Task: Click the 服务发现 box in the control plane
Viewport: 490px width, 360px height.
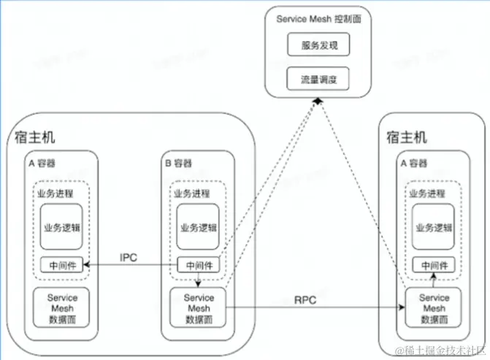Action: coord(318,45)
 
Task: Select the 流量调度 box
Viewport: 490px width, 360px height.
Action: coord(318,79)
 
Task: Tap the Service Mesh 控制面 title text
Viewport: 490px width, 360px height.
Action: coord(318,19)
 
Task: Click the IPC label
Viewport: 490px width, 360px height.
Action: coord(129,258)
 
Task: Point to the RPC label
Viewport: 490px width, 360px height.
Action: coord(305,300)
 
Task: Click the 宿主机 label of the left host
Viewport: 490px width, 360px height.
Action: coord(35,137)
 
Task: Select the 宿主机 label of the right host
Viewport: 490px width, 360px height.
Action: coord(407,137)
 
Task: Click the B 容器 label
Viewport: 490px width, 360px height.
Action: coord(178,163)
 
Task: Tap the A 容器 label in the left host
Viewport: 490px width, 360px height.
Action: coord(42,163)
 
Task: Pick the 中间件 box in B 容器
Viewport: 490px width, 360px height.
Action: coord(199,265)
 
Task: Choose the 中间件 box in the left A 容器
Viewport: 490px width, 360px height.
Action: coord(62,265)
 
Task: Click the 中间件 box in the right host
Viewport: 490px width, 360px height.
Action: coord(434,265)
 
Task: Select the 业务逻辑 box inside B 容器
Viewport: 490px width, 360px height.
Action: coord(198,227)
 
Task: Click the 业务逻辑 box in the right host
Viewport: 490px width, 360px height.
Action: coord(433,227)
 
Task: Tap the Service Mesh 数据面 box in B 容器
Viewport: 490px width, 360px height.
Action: coord(198,308)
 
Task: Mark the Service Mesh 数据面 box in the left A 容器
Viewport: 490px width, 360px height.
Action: coord(61,308)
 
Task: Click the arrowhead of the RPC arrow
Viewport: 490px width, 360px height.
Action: coord(402,307)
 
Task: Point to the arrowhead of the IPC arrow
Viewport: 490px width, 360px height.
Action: coord(87,265)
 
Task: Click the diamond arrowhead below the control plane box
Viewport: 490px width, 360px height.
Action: coord(318,102)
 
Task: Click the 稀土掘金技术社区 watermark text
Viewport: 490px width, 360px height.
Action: coord(440,351)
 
